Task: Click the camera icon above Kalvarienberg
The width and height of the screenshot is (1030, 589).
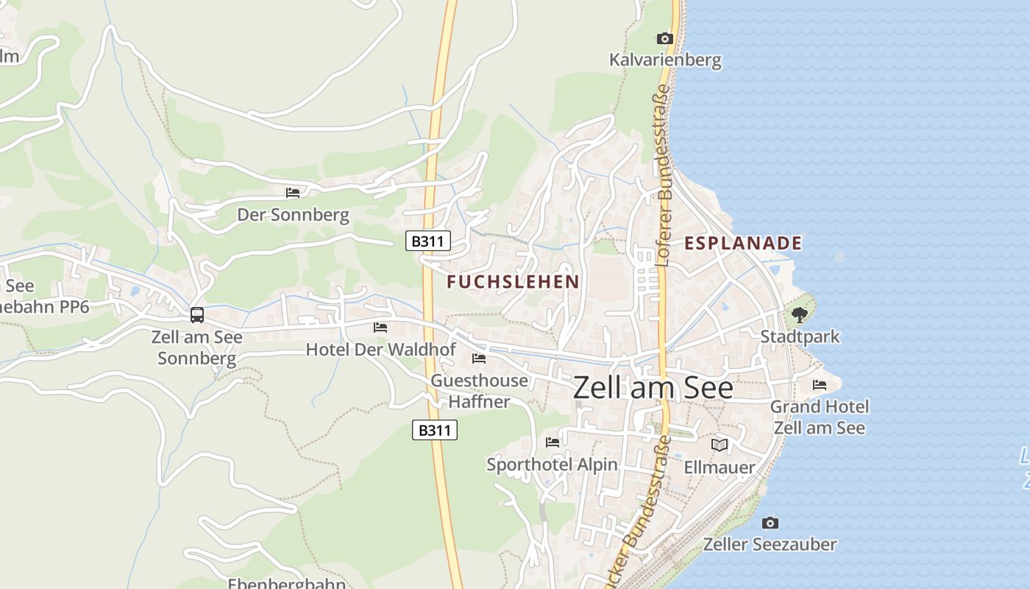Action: [664, 38]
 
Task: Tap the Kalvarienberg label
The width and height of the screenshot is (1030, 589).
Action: [665, 60]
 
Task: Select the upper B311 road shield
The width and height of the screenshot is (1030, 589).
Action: [427, 241]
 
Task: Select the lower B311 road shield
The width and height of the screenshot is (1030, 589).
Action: [434, 430]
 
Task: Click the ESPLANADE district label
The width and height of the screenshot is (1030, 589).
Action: [743, 243]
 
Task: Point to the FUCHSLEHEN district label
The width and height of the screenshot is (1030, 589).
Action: [513, 281]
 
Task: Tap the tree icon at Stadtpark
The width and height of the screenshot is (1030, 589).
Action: [800, 315]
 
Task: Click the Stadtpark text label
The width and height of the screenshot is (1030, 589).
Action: [800, 336]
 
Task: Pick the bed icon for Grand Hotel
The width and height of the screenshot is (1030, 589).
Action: [819, 385]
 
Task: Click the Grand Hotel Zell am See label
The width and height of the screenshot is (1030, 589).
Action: [819, 417]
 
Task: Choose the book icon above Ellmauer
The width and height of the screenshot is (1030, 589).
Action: [719, 445]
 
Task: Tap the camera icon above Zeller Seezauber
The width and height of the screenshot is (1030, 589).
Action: [770, 523]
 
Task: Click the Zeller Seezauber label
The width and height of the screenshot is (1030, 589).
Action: [770, 545]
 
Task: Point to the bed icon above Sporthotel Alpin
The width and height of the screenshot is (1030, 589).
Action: [553, 442]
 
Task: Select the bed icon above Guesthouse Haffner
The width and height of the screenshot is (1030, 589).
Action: [479, 359]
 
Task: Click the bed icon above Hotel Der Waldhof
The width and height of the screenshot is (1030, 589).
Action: [380, 327]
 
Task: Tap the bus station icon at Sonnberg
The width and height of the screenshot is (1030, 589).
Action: [197, 315]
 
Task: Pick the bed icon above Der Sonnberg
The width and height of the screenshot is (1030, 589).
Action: [293, 193]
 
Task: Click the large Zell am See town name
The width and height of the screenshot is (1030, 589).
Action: [653, 388]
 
